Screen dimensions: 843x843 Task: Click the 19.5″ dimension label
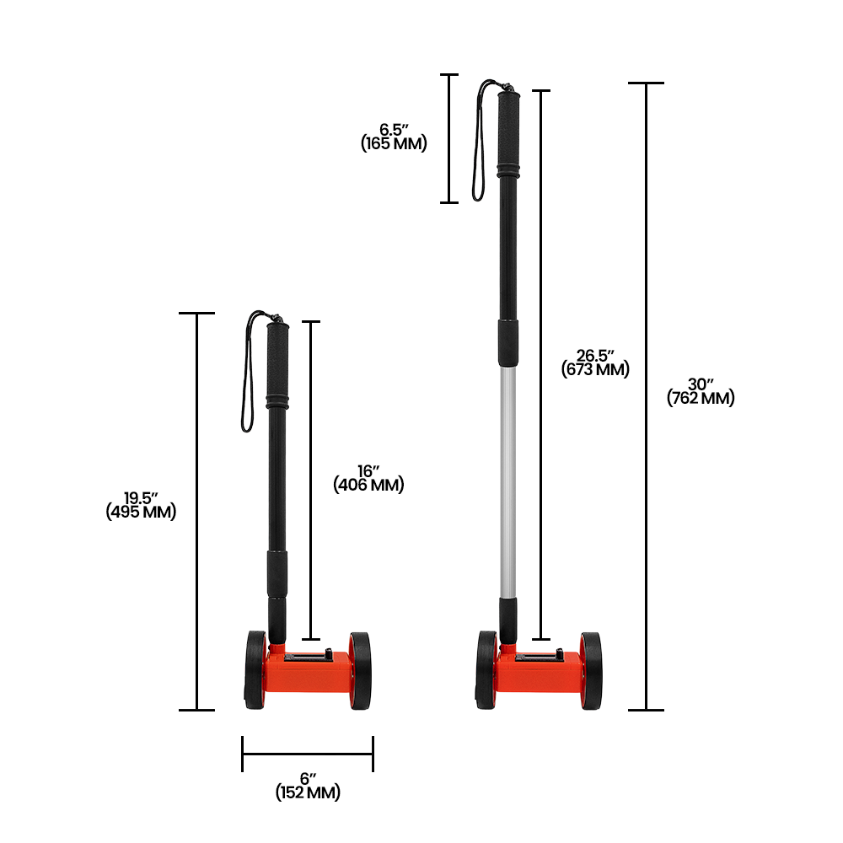[x=141, y=498]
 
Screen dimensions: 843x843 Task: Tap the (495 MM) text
[x=141, y=512]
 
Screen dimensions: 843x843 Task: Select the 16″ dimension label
[x=369, y=471]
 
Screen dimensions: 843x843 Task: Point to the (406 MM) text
[x=369, y=485]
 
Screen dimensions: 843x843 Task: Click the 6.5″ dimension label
[x=394, y=130]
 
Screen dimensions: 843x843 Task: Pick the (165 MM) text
[x=394, y=143]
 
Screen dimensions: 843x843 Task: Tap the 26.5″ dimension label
[x=595, y=356]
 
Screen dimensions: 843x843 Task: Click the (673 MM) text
[x=595, y=369]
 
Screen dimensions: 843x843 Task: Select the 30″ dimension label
[x=701, y=384]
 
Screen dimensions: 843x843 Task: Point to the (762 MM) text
[x=701, y=399]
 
